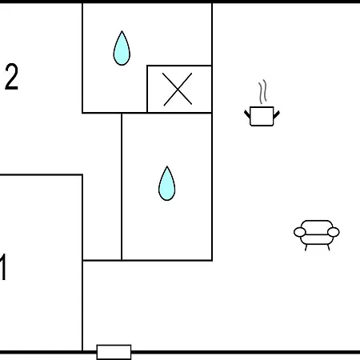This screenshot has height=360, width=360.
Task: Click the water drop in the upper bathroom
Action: [122, 50]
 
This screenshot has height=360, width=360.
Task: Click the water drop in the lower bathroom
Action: [167, 185]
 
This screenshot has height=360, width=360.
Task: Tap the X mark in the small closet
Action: [178, 89]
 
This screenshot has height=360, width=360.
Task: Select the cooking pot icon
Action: [262, 116]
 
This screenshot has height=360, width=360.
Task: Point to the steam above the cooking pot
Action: [262, 91]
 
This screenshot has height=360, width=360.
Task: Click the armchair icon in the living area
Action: [317, 235]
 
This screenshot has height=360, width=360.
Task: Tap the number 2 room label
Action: [12, 77]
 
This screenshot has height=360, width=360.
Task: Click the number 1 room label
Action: [3, 266]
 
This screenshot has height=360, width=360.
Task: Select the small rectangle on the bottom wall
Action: [114, 352]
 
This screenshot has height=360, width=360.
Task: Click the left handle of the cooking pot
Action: [247, 114]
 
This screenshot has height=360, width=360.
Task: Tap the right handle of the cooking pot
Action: [277, 114]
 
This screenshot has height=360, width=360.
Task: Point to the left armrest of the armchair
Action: [300, 232]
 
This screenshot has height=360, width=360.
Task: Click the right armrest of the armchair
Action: [334, 232]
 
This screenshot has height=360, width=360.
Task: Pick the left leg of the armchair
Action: [306, 247]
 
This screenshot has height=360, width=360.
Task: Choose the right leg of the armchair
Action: [328, 247]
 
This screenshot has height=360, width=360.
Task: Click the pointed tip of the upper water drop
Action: [122, 31]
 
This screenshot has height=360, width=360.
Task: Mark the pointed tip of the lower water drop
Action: [167, 166]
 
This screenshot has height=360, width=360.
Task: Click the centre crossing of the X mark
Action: [178, 90]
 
